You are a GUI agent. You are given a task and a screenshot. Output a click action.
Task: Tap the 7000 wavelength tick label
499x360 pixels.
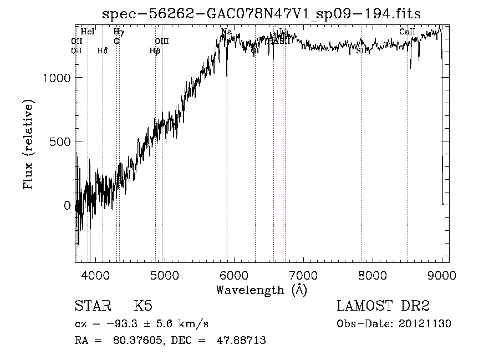pyautogui.click(x=303, y=274)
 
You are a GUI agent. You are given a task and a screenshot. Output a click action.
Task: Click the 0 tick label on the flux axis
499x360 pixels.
pyautogui.click(x=68, y=205)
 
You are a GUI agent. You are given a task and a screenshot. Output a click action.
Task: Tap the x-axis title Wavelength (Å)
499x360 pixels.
pyautogui.click(x=261, y=289)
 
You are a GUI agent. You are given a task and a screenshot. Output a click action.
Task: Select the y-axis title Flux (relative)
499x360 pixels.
pyautogui.click(x=28, y=144)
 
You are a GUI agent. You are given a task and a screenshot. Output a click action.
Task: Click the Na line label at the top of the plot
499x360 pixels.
pyautogui.click(x=226, y=32)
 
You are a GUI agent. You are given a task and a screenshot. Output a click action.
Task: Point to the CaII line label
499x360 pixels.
pyautogui.click(x=408, y=32)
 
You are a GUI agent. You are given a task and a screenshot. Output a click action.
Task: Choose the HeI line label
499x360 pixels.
pyautogui.click(x=88, y=32)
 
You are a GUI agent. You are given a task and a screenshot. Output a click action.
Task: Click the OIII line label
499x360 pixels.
pyautogui.click(x=161, y=41)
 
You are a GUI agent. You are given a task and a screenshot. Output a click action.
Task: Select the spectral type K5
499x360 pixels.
pyautogui.click(x=143, y=307)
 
